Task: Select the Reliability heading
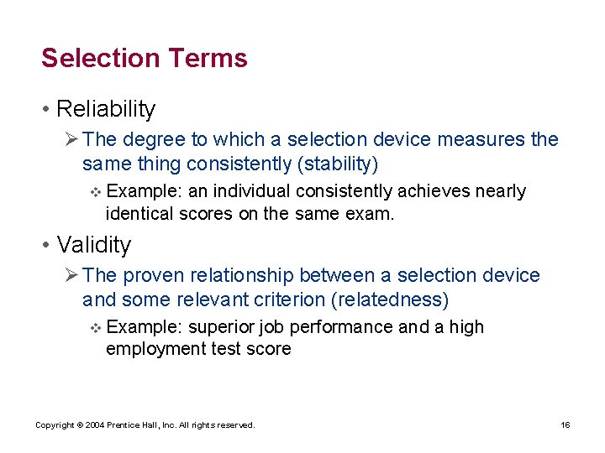coord(106,109)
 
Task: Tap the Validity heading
coord(94,245)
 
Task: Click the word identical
coord(140,214)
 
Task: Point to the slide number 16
coord(566,425)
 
